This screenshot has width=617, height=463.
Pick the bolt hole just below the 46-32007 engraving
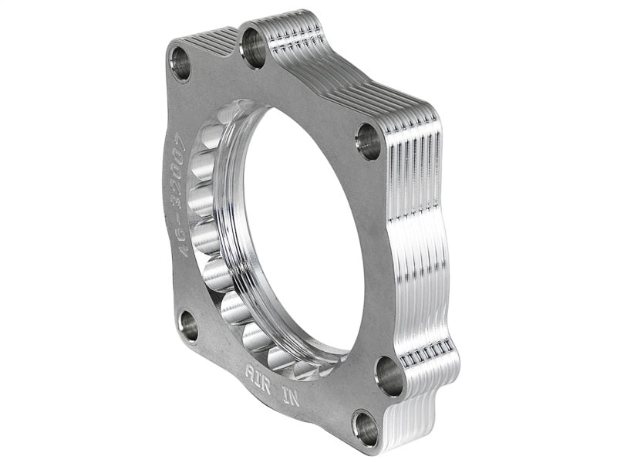pyautogui.click(x=187, y=327)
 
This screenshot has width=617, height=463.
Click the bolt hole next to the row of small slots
pyautogui.click(x=389, y=376)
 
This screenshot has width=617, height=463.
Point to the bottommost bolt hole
pyautogui.click(x=366, y=427)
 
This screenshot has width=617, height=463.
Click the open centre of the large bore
pyautogui.click(x=301, y=231)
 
